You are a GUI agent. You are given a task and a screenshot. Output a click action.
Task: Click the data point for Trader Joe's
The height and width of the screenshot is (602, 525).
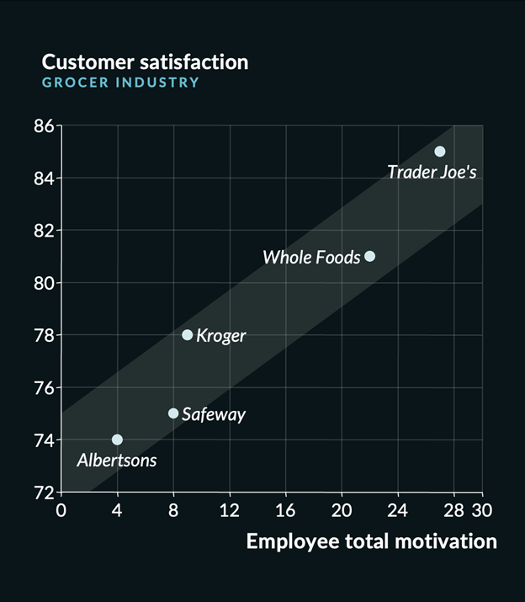439,152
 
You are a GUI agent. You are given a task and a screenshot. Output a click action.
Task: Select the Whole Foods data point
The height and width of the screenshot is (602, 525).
369,256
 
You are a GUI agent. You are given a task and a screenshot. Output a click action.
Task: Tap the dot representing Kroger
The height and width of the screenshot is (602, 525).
188,335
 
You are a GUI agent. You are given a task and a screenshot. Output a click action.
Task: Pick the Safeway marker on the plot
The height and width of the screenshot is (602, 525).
173,413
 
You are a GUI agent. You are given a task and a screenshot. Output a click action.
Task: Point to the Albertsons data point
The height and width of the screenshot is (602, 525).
117,440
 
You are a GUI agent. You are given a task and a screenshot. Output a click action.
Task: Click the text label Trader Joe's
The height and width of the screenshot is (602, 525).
432,173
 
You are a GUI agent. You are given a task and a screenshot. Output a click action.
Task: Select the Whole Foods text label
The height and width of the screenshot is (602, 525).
311,258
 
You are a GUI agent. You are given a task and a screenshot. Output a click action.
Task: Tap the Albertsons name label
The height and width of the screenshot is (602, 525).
116,461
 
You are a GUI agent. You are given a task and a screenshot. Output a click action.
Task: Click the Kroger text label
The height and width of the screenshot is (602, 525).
221,336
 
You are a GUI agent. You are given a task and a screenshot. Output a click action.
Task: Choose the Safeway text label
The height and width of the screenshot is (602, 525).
214,414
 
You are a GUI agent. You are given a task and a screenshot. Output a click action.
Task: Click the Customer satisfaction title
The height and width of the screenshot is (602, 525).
145,62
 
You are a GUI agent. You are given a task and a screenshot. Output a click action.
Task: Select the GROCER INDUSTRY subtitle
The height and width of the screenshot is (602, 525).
120,83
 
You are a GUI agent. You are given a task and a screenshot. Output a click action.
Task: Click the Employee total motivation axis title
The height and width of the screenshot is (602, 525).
371,541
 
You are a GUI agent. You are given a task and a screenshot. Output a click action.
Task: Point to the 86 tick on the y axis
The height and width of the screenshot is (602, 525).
44,126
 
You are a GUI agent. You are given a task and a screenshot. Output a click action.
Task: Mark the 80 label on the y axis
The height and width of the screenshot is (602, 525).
44,283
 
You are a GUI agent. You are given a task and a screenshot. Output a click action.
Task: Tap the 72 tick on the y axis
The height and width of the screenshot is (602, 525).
44,492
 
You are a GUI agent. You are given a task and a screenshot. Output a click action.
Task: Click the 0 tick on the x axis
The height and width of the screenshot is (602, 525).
61,510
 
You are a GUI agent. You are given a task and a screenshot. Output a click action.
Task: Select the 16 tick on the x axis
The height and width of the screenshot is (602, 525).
285,510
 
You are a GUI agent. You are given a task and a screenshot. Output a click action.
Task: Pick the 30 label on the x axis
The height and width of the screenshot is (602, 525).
482,510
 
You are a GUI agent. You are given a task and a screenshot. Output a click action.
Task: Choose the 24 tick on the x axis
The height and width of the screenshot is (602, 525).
397,510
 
